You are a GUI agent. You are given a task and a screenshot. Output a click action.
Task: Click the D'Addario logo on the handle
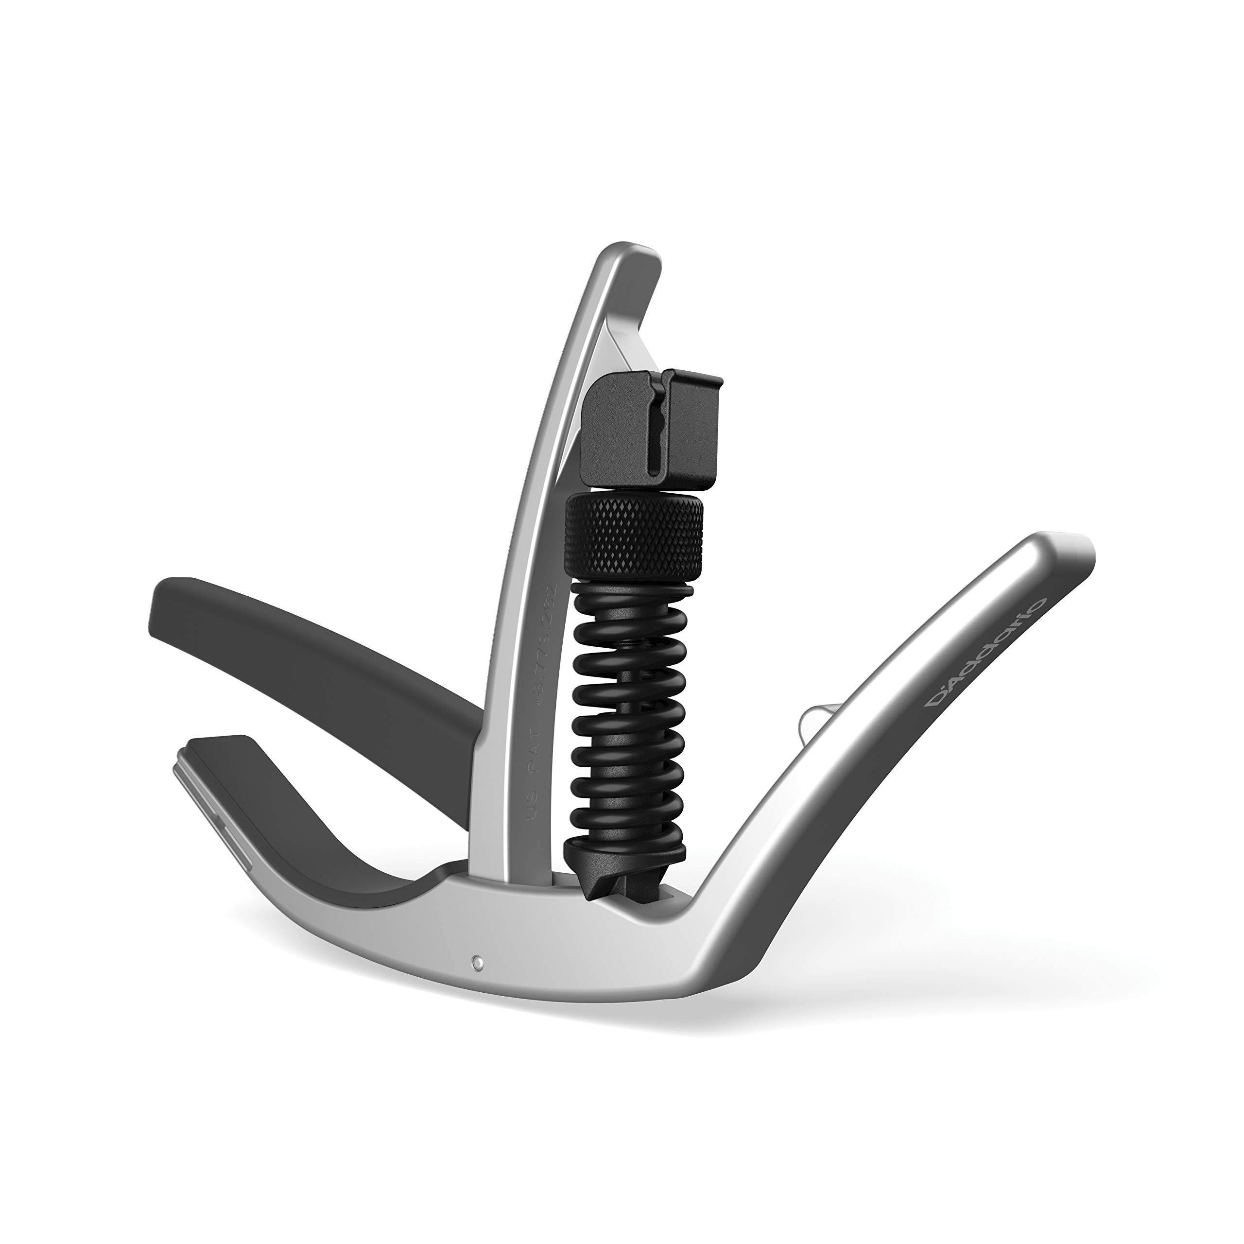coord(986,652)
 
